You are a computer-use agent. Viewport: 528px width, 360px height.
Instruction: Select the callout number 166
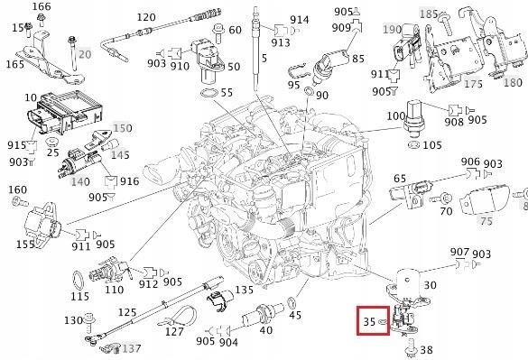pyautogui.click(x=42, y=8)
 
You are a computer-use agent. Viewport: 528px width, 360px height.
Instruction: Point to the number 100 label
pyautogui.click(x=395, y=116)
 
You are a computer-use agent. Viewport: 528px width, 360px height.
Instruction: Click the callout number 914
pyautogui.click(x=299, y=20)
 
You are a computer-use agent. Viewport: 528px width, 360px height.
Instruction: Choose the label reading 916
pyautogui.click(x=129, y=181)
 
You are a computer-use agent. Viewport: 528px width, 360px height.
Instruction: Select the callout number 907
pyautogui.click(x=459, y=252)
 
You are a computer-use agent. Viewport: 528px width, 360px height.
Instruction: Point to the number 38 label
pyautogui.click(x=427, y=349)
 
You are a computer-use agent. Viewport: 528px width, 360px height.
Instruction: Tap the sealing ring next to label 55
pyautogui.click(x=206, y=94)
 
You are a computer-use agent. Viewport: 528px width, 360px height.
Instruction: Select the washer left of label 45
pyautogui.click(x=292, y=300)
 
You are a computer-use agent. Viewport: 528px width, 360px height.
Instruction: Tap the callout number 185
pyautogui.click(x=453, y=14)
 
